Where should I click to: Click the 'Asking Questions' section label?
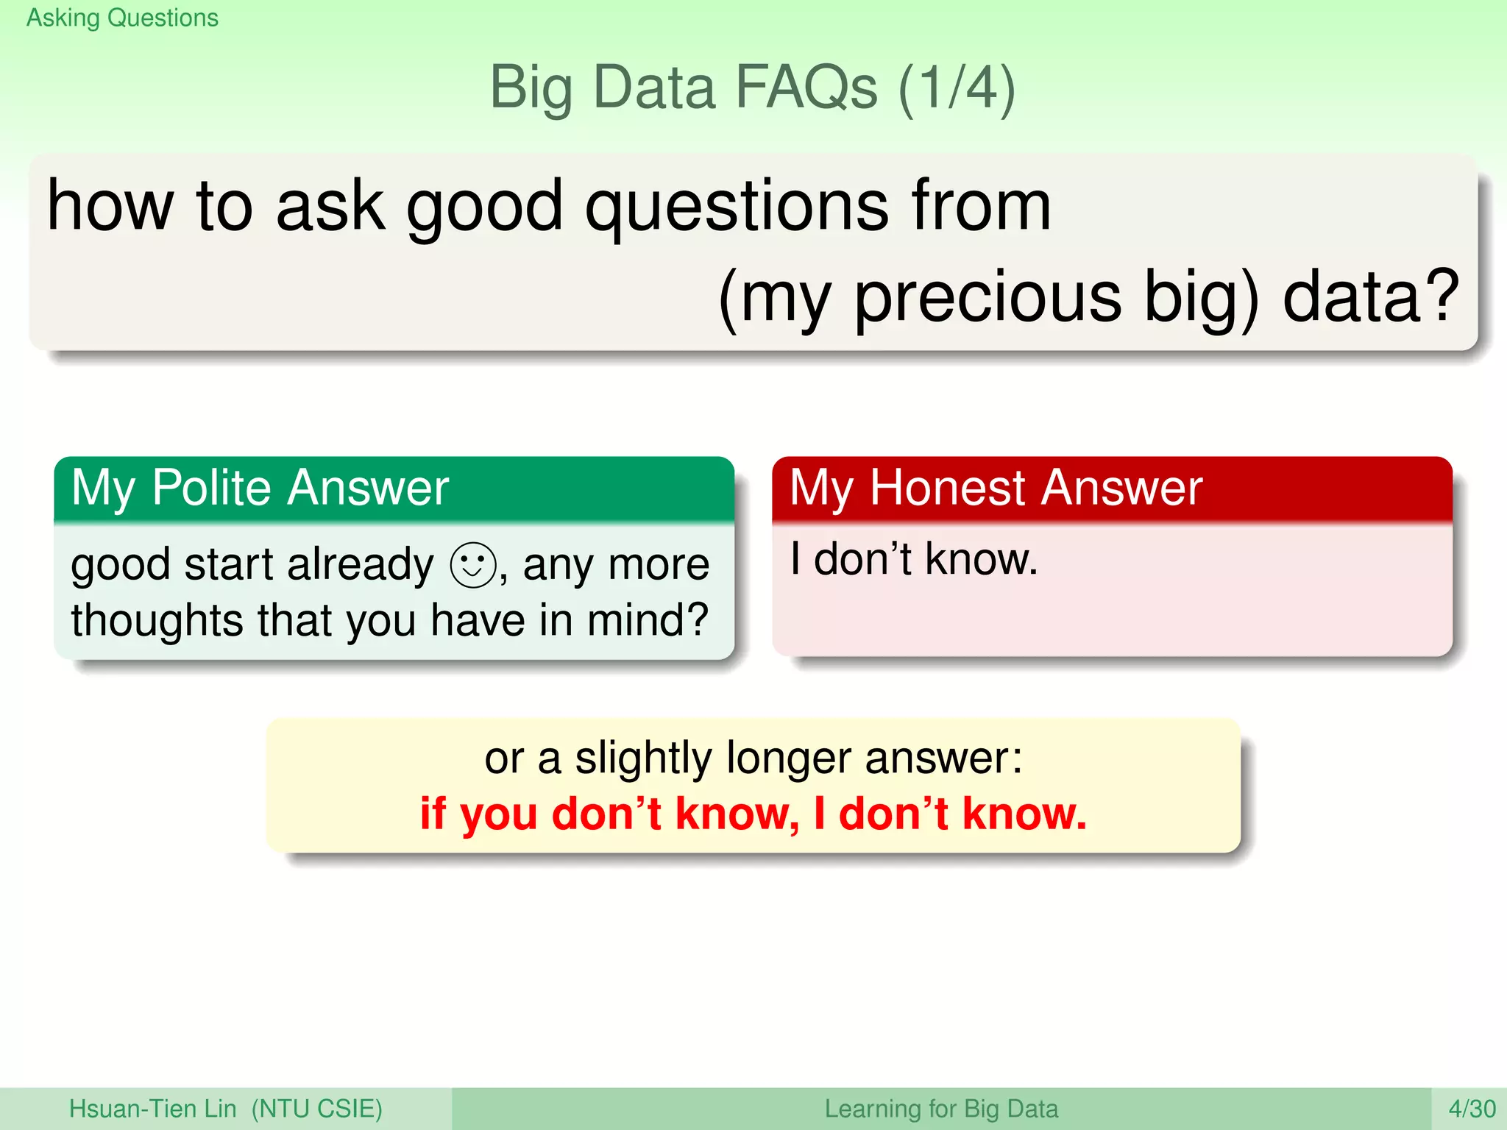pyautogui.click(x=122, y=18)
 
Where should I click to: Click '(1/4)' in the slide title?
pyautogui.click(x=957, y=88)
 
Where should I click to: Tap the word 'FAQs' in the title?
pyautogui.click(x=806, y=88)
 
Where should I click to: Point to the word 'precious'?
pyautogui.click(x=987, y=298)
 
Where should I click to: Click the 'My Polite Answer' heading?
pyautogui.click(x=260, y=488)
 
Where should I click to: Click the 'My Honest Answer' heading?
pyautogui.click(x=996, y=488)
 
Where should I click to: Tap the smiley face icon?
pyautogui.click(x=472, y=565)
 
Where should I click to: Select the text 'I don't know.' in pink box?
pyautogui.click(x=913, y=559)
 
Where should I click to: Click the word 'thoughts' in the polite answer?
pyautogui.click(x=157, y=620)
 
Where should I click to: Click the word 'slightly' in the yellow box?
pyautogui.click(x=643, y=758)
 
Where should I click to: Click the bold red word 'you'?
pyautogui.click(x=499, y=814)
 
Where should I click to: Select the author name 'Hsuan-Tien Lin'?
pyautogui.click(x=152, y=1109)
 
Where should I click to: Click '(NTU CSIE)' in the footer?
pyautogui.click(x=316, y=1109)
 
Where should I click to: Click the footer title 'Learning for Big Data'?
pyautogui.click(x=941, y=1109)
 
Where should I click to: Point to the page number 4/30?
pyautogui.click(x=1472, y=1109)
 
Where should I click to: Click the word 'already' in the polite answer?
pyautogui.click(x=361, y=565)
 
